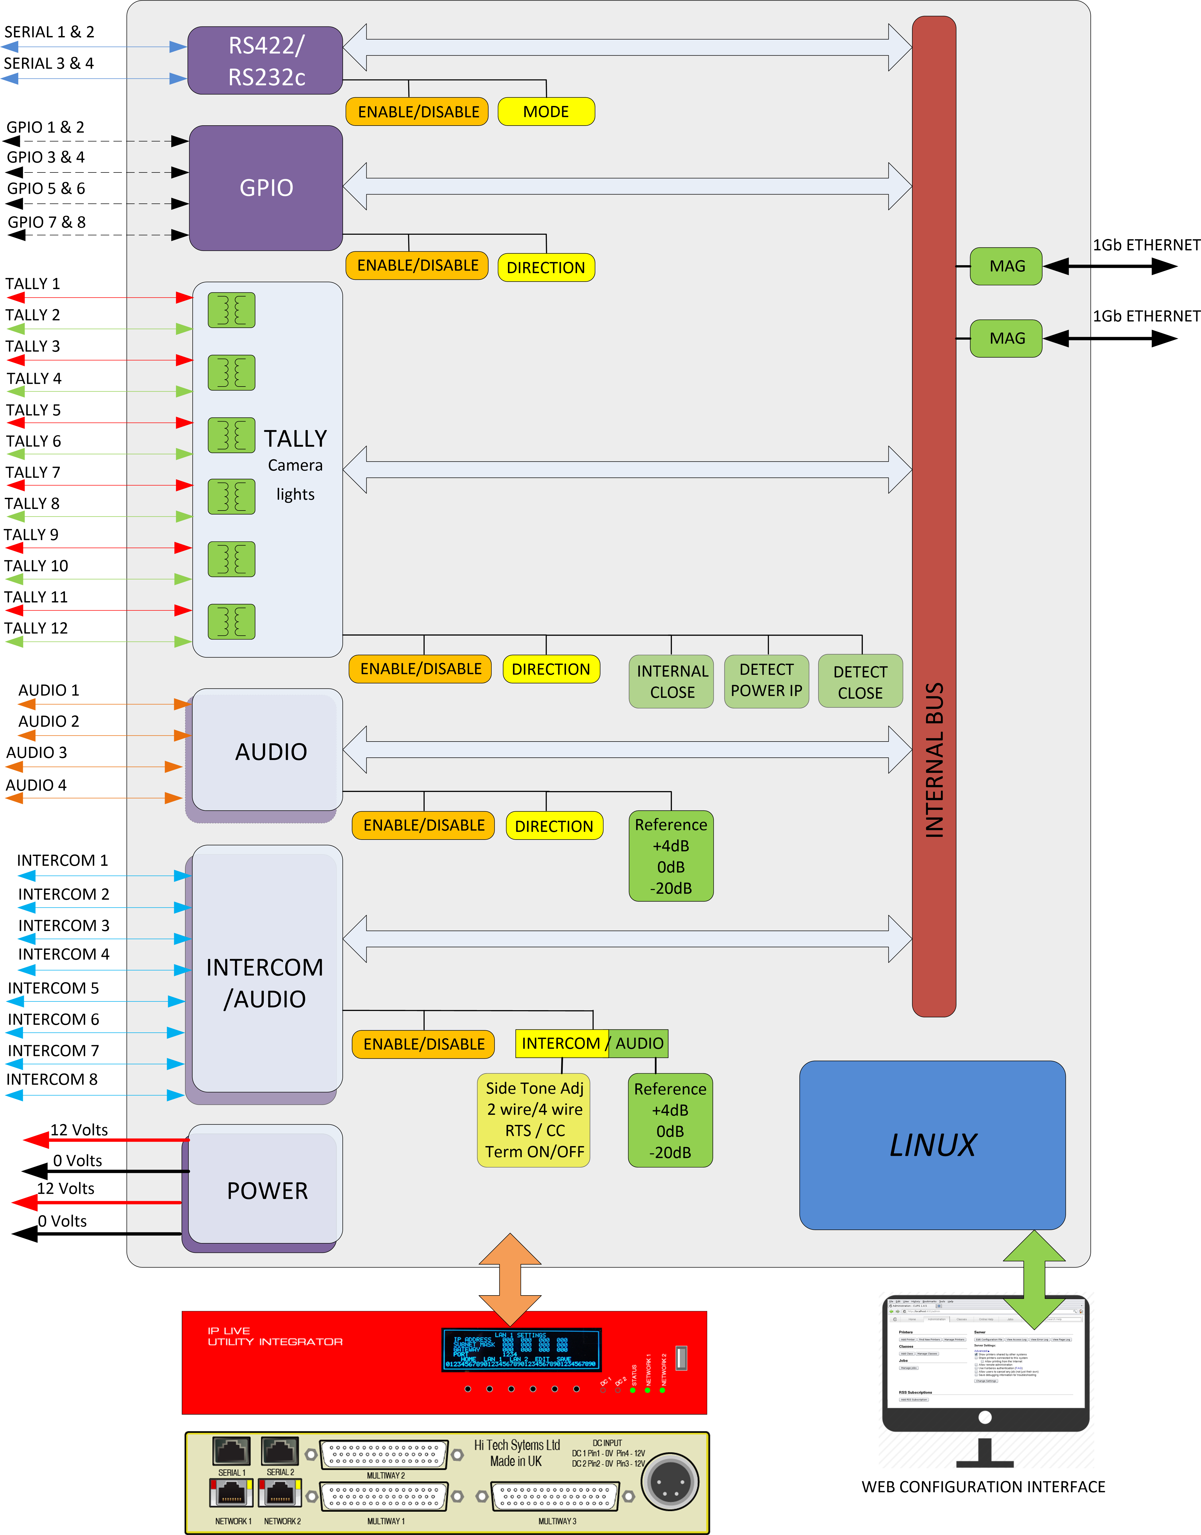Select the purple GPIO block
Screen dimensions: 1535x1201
click(x=266, y=188)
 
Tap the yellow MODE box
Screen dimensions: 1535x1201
click(x=546, y=112)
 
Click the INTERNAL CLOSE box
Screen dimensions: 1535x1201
click(x=671, y=681)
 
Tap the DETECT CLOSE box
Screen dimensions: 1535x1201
click(x=860, y=682)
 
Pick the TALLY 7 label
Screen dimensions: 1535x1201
click(x=33, y=472)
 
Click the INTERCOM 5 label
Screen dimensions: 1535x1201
click(x=54, y=988)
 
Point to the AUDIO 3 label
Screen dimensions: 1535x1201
click(x=37, y=753)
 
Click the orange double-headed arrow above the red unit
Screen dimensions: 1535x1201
click(x=510, y=1279)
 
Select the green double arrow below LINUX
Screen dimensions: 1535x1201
click(x=1034, y=1279)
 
